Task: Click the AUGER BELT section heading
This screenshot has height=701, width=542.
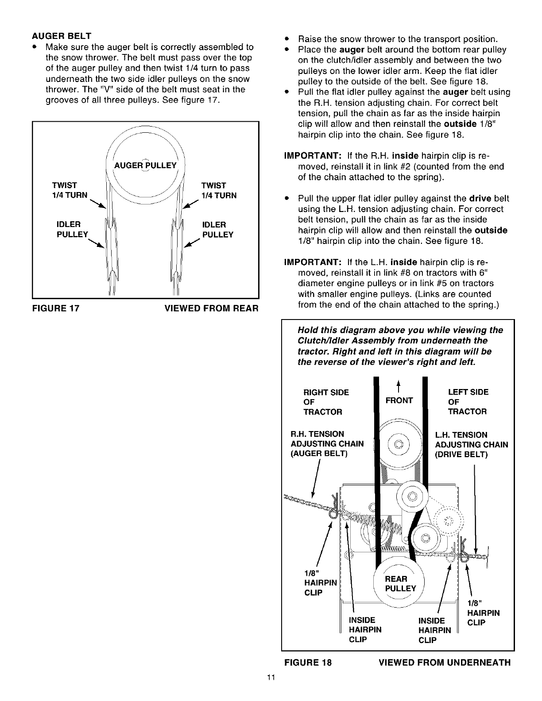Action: (61, 36)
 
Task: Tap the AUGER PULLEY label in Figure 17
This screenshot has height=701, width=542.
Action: (145, 166)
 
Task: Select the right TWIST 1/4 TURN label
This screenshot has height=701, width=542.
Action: (219, 190)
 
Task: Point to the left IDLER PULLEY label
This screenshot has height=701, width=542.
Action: (73, 229)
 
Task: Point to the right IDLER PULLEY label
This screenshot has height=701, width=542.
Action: (217, 229)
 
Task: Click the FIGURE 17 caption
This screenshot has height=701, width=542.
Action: (55, 308)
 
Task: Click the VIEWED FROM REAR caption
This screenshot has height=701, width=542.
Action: (211, 308)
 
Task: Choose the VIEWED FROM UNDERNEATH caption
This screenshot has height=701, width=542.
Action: (445, 662)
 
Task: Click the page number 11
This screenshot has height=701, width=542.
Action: (271, 677)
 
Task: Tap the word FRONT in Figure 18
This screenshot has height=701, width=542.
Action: (399, 401)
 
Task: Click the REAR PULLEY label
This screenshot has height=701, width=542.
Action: (400, 584)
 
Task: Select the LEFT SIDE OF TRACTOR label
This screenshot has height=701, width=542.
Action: (468, 402)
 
